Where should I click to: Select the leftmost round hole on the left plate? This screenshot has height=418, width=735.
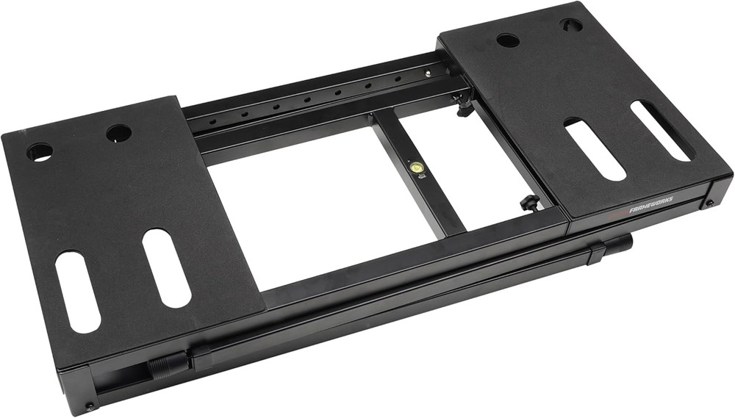click(x=40, y=153)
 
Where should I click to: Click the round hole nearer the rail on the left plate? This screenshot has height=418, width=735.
click(x=118, y=134)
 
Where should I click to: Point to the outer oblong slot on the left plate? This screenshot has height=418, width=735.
click(x=76, y=291)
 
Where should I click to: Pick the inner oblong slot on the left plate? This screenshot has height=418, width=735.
click(x=166, y=267)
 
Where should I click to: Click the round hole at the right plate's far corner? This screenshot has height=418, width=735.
click(x=571, y=25)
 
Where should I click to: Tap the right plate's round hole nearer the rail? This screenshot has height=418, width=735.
click(x=508, y=40)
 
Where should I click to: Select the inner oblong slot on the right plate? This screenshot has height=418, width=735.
click(x=594, y=149)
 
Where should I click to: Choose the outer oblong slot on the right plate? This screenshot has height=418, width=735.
click(x=661, y=130)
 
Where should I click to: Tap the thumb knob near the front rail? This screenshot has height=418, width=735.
click(x=528, y=202)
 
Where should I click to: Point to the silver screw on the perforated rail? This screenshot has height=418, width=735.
click(x=426, y=73)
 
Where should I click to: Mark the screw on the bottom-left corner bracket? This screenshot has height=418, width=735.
click(x=90, y=405)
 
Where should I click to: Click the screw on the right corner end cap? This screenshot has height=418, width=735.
click(x=709, y=203)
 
